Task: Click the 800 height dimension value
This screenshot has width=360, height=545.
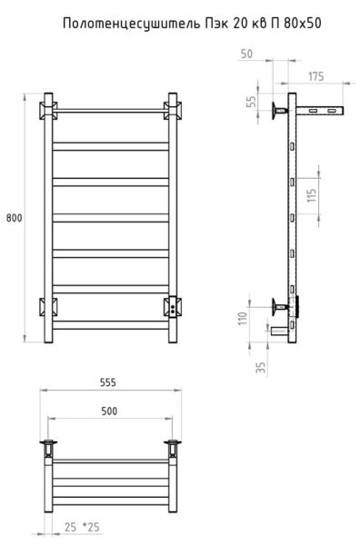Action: click(x=14, y=218)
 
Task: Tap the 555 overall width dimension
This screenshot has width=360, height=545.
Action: click(x=108, y=382)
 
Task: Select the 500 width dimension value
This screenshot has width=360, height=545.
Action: click(x=109, y=411)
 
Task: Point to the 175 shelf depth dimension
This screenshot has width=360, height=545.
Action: click(x=315, y=76)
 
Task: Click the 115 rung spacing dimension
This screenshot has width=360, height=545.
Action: click(x=312, y=195)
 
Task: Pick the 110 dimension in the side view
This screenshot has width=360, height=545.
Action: click(x=243, y=319)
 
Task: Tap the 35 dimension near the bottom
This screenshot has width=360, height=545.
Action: click(x=261, y=368)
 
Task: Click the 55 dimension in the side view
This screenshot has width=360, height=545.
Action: click(x=251, y=101)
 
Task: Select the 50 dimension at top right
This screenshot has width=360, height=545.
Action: click(x=246, y=54)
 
